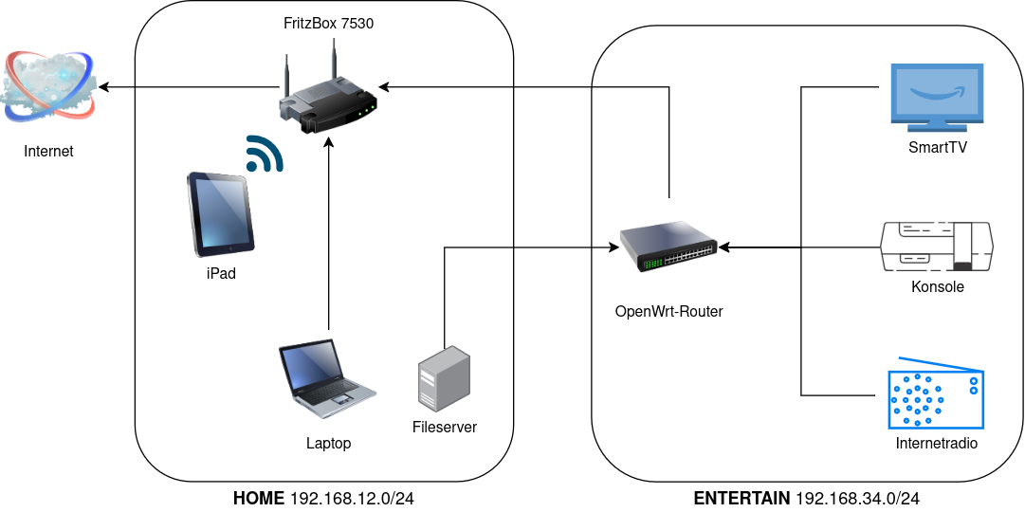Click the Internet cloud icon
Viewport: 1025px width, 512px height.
point(48,86)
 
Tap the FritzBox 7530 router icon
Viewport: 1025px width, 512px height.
point(328,99)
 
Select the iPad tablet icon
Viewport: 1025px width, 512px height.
point(221,214)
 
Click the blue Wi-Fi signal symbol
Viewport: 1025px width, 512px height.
point(265,154)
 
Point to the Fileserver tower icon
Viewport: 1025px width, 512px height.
point(444,378)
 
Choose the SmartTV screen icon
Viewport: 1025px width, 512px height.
point(937,97)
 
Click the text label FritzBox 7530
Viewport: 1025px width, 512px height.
point(328,24)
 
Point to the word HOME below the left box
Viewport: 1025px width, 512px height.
point(258,498)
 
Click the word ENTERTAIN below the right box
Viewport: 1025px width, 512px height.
point(741,498)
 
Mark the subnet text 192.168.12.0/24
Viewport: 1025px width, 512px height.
point(352,498)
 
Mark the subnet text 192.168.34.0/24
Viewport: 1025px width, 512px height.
point(858,498)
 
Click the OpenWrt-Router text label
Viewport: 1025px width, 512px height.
point(668,311)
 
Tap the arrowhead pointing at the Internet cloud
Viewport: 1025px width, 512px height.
point(105,87)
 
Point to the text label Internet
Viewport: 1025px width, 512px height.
point(48,151)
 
